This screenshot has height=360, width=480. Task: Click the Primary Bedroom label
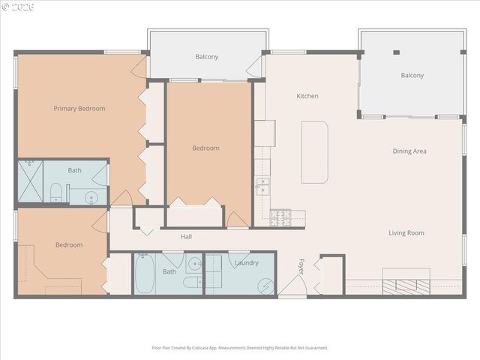tap(79, 109)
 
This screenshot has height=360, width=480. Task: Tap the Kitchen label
tap(307, 96)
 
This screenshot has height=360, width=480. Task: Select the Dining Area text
tap(409, 151)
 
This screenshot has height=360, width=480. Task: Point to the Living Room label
tap(406, 233)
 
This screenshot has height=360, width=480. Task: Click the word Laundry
tap(246, 263)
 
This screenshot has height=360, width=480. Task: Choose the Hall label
tap(186, 237)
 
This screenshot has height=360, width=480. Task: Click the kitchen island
tap(315, 152)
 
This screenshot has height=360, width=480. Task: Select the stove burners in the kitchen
tap(280, 217)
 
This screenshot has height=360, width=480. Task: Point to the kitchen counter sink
tap(262, 185)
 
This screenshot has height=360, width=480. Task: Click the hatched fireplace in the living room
tap(406, 285)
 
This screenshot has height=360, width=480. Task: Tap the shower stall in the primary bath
tap(30, 181)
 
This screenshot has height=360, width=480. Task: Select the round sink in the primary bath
tap(91, 198)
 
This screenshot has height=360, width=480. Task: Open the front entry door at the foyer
tap(292, 285)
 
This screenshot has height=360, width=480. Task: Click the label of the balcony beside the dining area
tap(412, 76)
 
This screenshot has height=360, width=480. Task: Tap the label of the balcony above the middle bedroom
tap(207, 57)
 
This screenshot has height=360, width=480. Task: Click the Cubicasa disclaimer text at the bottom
tap(240, 348)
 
